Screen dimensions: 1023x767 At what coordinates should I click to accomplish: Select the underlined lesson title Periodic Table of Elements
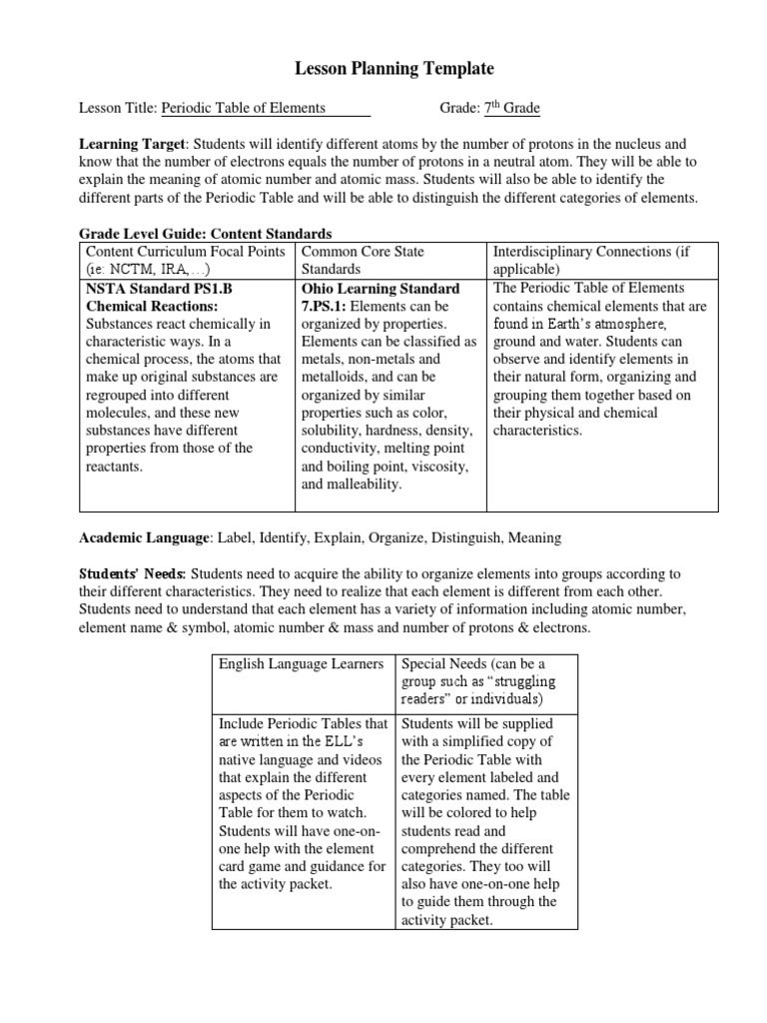click(x=243, y=108)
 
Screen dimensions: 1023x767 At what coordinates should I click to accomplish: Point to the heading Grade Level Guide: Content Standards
click(x=206, y=233)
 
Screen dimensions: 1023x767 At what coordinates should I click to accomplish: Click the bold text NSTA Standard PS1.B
click(x=159, y=288)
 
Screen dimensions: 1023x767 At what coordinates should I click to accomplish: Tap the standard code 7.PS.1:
click(x=324, y=306)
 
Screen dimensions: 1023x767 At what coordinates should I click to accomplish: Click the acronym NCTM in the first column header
click(x=130, y=270)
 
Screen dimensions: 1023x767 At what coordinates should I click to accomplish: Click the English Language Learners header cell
click(x=301, y=663)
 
